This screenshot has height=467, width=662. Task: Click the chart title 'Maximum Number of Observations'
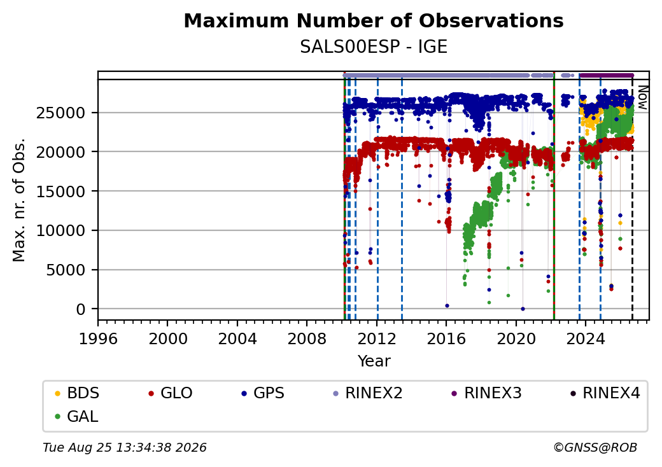[374, 20]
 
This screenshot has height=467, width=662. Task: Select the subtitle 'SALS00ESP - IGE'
[374, 47]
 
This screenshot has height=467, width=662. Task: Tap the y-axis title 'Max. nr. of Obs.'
[19, 200]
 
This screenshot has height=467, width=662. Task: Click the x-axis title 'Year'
[374, 361]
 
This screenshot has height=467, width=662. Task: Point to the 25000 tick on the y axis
[61, 113]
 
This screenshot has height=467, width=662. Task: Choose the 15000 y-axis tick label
[61, 192]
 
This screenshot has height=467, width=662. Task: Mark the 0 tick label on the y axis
[81, 310]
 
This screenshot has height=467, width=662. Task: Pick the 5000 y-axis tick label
[66, 270]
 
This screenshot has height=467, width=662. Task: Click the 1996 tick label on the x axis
[98, 338]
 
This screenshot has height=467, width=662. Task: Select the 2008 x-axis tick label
[307, 338]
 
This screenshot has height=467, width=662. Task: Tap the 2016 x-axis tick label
[446, 338]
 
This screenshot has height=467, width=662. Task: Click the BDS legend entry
[77, 393]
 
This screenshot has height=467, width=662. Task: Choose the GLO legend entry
[171, 393]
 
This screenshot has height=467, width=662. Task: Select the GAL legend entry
[76, 416]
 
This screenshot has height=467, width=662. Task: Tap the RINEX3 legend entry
[486, 393]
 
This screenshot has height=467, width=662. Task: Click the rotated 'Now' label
[642, 97]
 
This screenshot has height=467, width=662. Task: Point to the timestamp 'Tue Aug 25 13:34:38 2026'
[125, 447]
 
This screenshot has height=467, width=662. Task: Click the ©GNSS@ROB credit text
[595, 447]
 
